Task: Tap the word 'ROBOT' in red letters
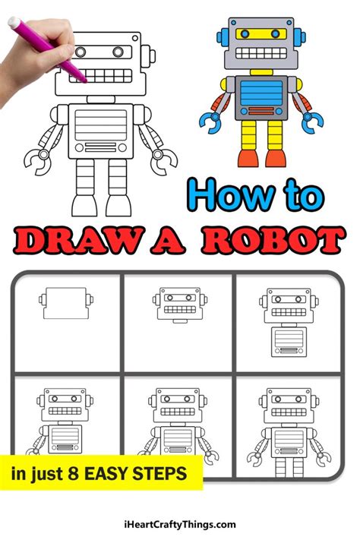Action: tap(273, 240)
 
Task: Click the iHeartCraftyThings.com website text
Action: tap(180, 525)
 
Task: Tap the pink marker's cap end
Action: tap(14, 22)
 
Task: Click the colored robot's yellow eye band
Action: tap(261, 33)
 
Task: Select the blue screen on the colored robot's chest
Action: tap(261, 93)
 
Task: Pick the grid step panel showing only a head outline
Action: tap(68, 323)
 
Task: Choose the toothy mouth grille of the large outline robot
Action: tap(100, 76)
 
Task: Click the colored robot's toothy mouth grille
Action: tap(261, 53)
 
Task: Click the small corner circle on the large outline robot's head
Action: tap(135, 38)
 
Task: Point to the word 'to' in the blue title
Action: tap(304, 195)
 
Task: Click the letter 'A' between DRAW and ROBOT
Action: tap(168, 240)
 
